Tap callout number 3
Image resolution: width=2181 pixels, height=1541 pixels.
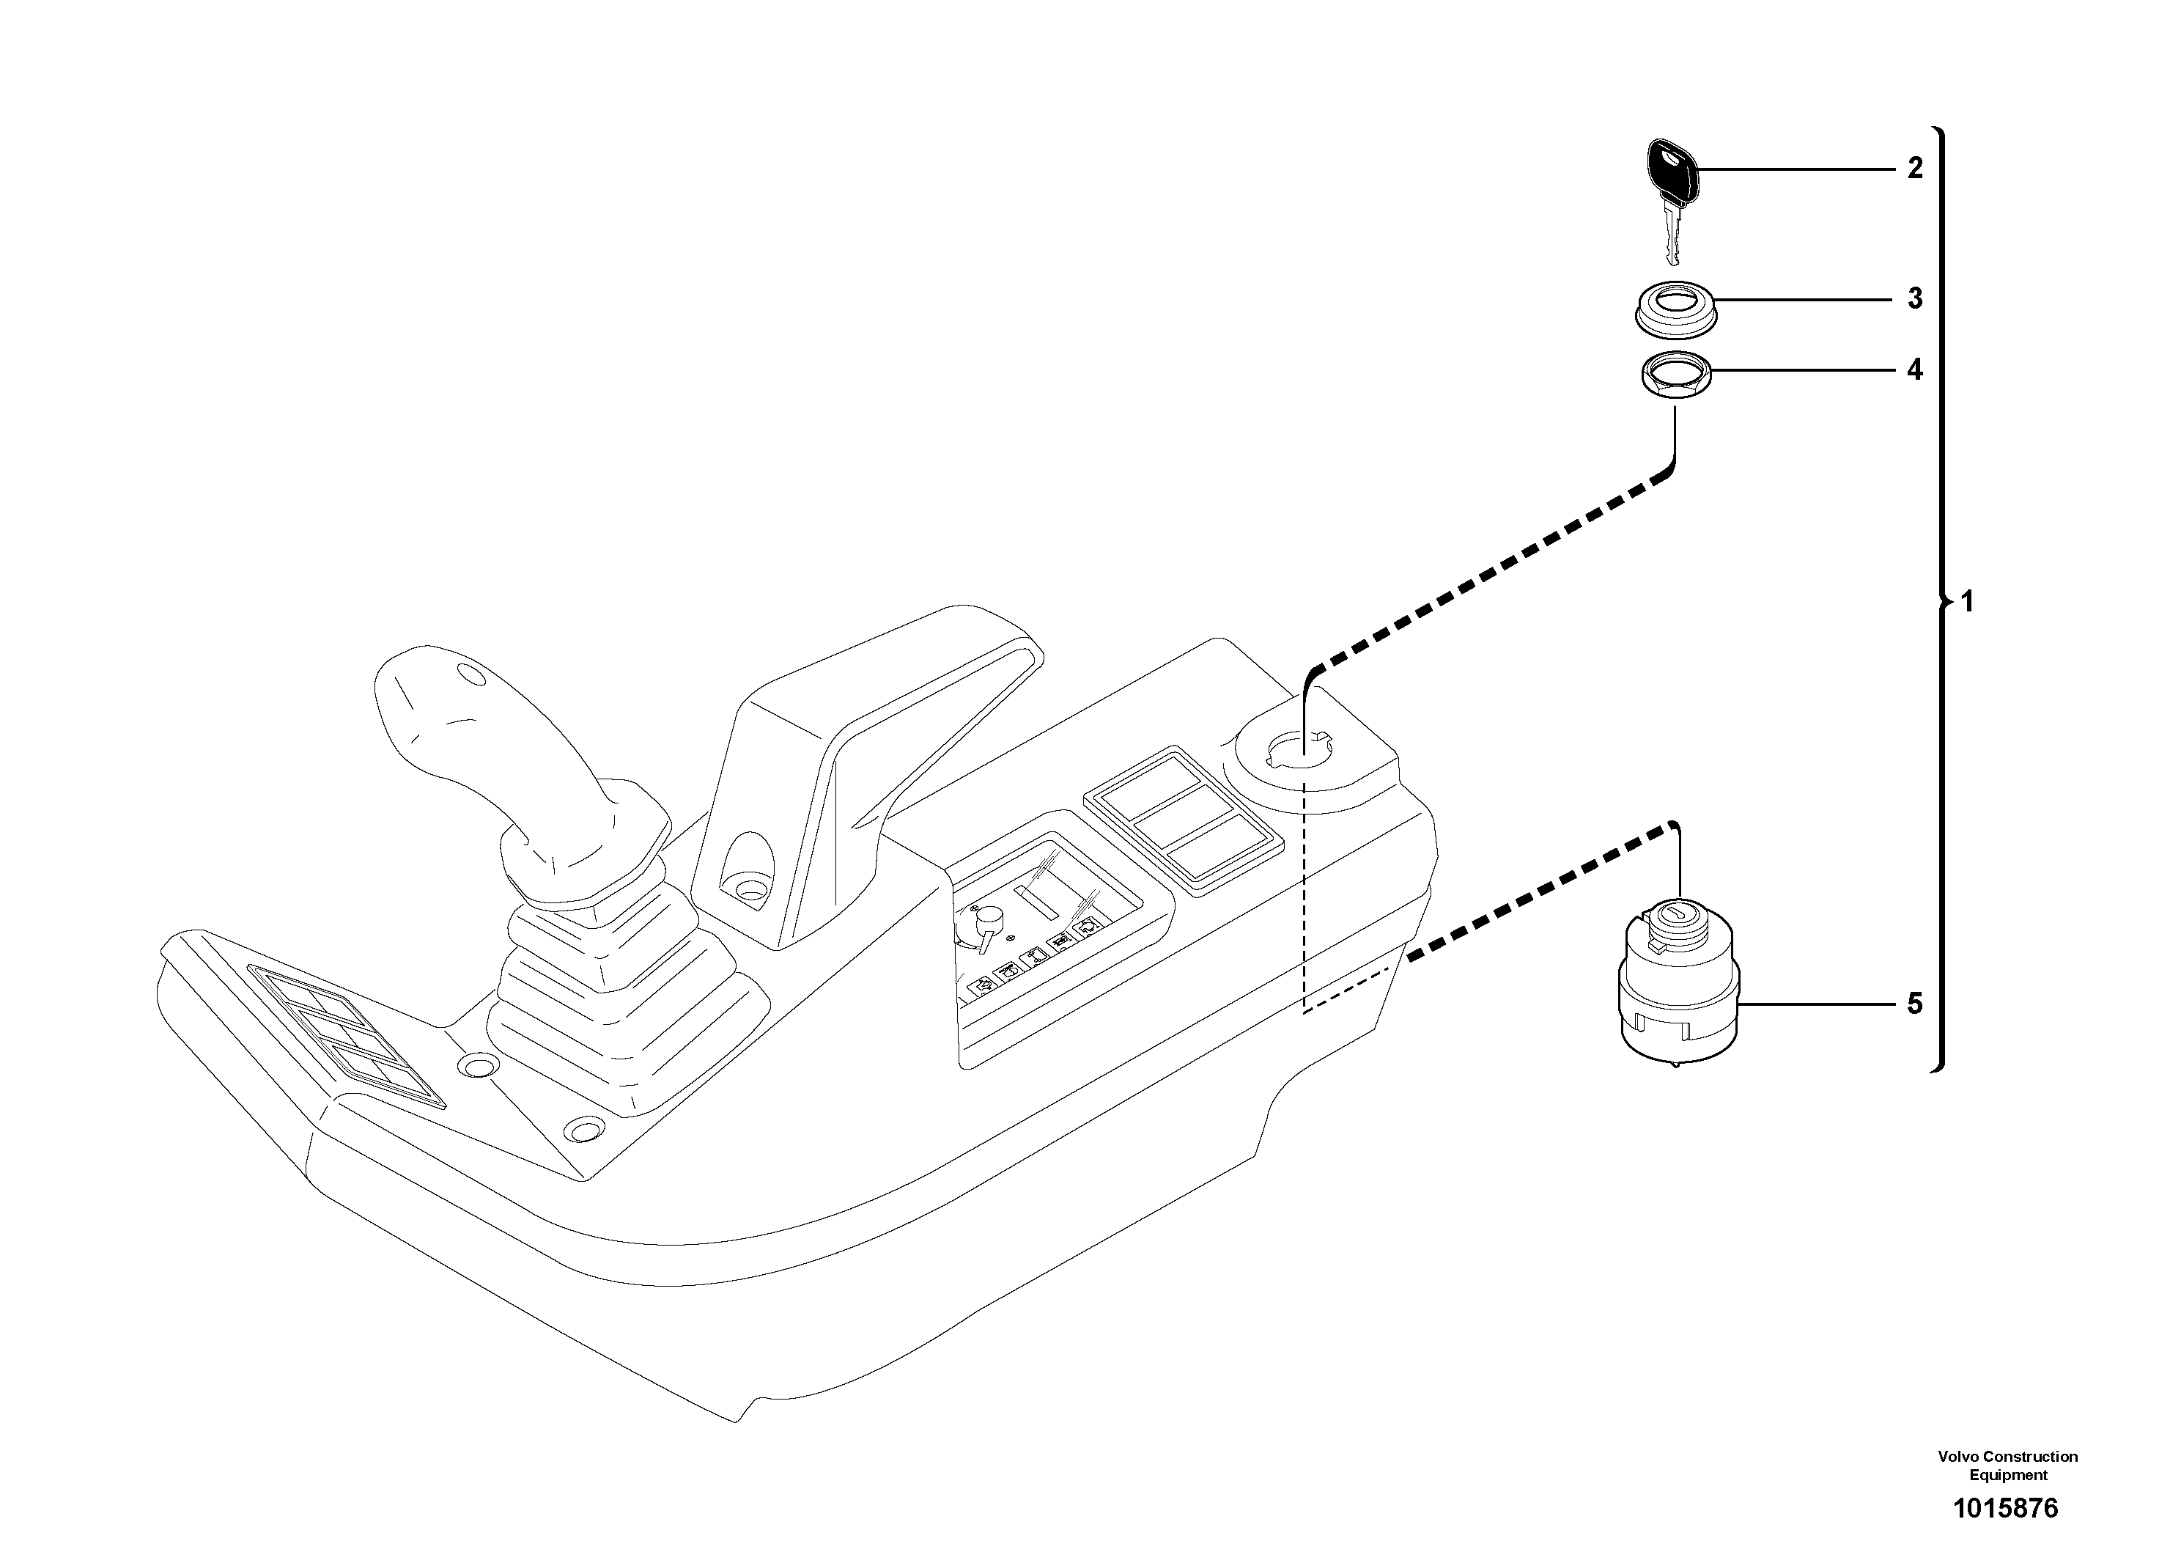pos(1915,298)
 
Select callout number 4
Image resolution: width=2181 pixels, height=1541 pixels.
pos(1915,369)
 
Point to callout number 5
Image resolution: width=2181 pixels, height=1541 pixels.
pos(1915,1004)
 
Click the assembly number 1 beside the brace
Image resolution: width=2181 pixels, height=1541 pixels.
pos(1967,601)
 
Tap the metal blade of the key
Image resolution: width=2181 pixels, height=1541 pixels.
pos(1674,238)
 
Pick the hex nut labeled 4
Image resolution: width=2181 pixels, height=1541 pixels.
pos(1675,379)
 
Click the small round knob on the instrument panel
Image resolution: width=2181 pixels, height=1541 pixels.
pos(990,919)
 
